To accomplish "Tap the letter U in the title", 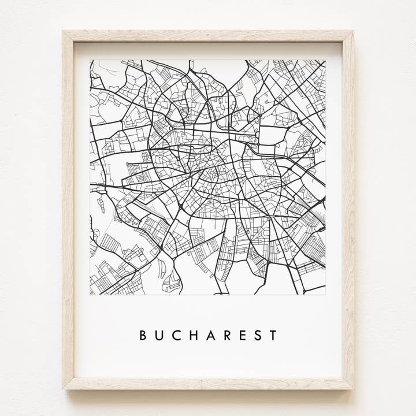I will (x=159, y=335).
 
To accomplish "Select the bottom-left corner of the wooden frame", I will (x=64, y=388).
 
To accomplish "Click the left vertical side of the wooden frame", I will (x=68, y=208).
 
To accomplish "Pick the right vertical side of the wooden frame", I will (x=348, y=208).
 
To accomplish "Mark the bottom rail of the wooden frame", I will (x=208, y=383).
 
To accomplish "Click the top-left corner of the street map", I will (x=90, y=60).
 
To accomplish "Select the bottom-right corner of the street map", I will (x=325, y=295).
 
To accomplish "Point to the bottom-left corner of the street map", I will (x=90, y=295).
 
